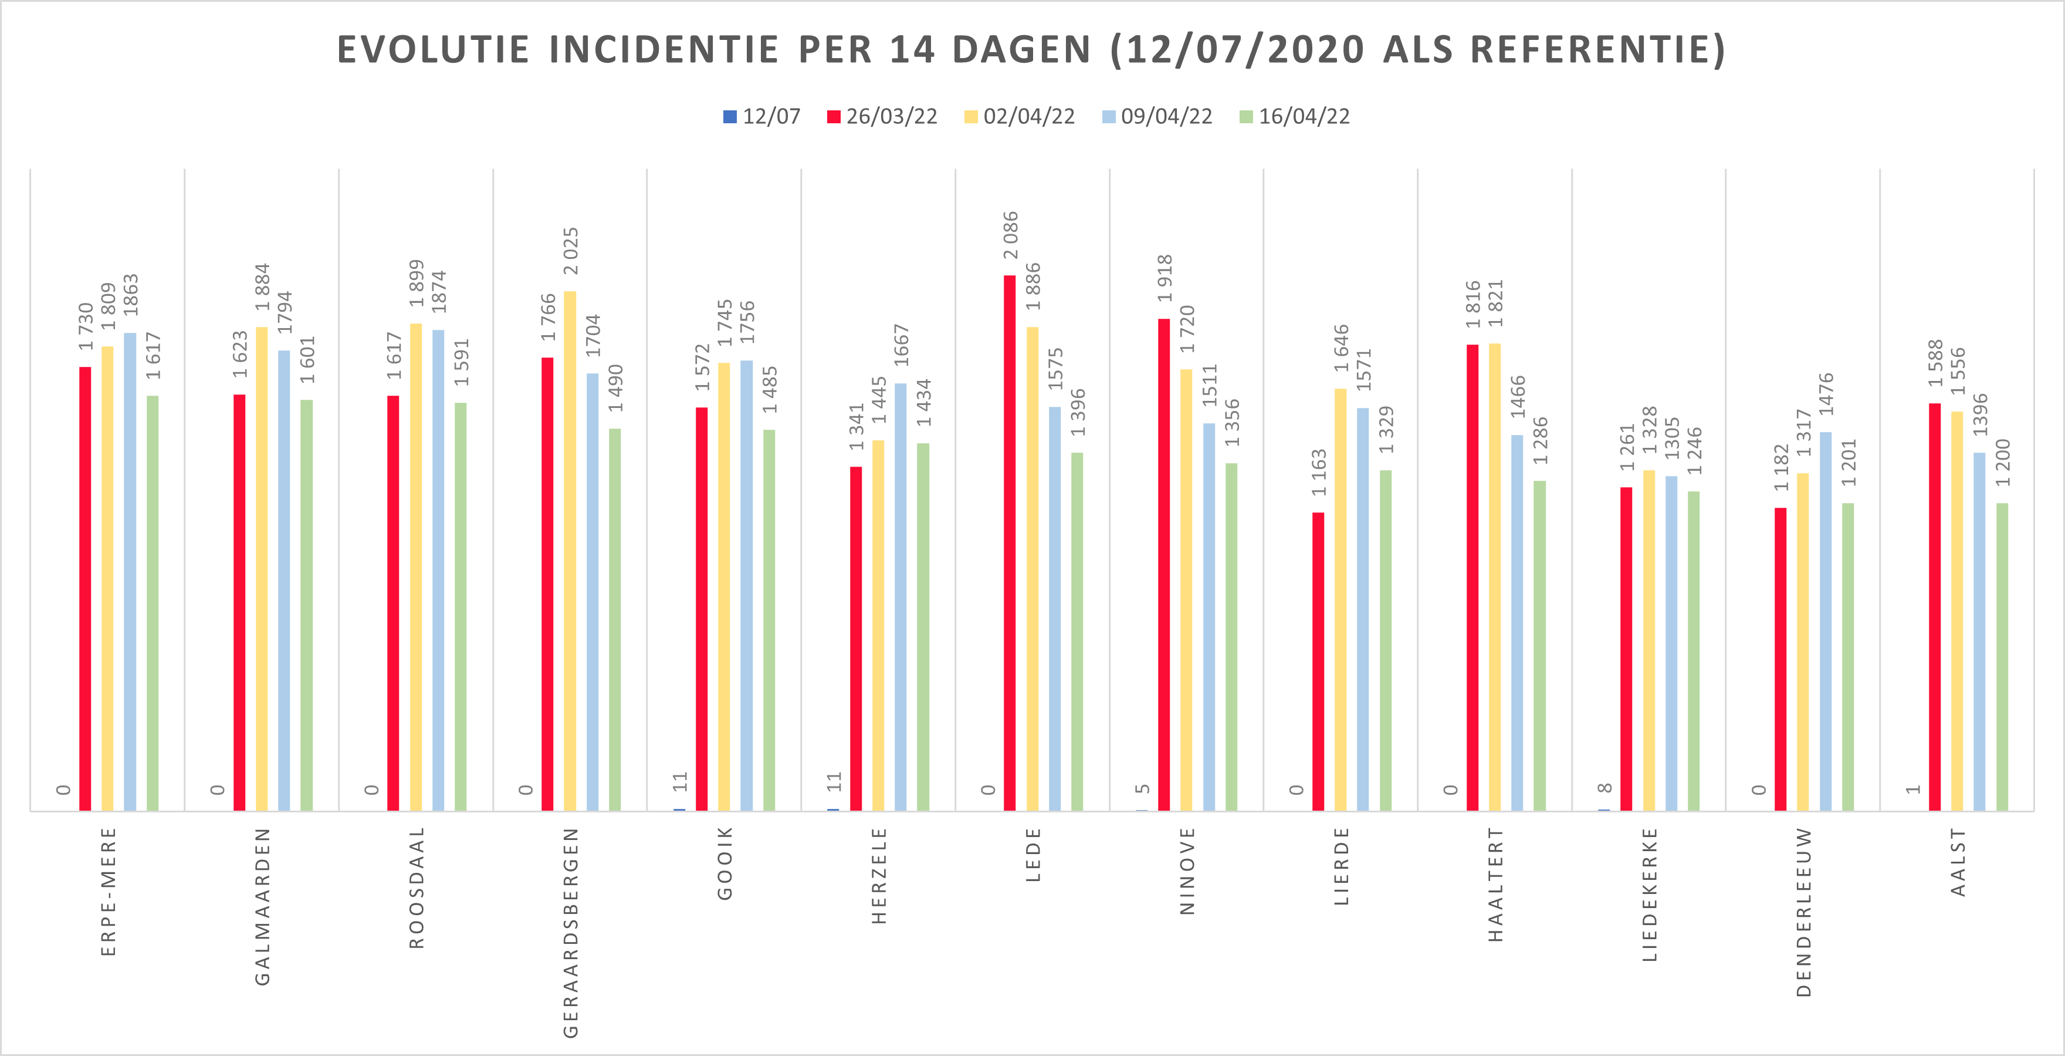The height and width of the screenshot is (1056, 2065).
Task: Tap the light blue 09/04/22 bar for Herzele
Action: point(901,598)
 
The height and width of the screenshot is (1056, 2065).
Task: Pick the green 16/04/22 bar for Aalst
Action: point(2002,657)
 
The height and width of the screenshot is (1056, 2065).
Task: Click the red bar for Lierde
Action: point(1318,662)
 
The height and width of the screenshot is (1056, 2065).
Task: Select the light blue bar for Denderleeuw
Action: point(1825,622)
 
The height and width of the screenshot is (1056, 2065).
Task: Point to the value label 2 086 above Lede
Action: point(1011,235)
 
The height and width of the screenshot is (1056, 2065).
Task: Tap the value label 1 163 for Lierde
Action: point(1319,473)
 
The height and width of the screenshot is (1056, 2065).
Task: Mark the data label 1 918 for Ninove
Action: point(1164,278)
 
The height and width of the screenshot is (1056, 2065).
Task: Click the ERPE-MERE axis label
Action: point(108,892)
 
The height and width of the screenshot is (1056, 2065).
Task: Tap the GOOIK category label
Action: point(725,863)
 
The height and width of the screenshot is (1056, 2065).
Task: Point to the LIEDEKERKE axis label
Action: point(1649,895)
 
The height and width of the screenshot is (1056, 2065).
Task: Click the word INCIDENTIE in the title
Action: point(663,50)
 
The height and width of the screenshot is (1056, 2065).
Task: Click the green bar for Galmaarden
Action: point(306,605)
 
